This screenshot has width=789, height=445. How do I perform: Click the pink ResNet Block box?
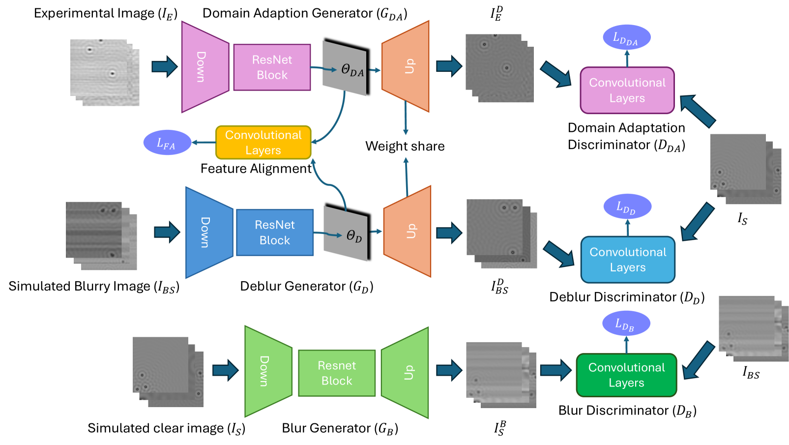click(272, 67)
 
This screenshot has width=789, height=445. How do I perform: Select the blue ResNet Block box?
click(275, 233)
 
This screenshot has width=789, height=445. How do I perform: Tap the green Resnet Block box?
click(337, 373)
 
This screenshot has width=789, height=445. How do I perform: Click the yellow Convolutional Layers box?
click(263, 143)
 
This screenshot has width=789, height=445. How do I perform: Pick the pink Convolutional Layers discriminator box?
click(627, 90)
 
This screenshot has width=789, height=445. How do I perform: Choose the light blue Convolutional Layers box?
click(628, 260)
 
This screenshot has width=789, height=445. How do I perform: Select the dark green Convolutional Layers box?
click(626, 375)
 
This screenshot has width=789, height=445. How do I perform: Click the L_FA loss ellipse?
click(167, 143)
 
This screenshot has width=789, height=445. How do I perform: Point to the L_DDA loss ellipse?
click(626, 37)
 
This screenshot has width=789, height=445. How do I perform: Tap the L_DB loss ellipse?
click(626, 324)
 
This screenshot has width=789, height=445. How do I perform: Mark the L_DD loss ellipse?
click(627, 207)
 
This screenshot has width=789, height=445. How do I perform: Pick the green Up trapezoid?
click(406, 373)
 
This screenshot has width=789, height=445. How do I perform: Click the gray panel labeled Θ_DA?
click(345, 67)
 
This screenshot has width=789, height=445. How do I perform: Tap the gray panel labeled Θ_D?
click(347, 232)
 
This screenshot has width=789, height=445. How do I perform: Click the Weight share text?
click(405, 147)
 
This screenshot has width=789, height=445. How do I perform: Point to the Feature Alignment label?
click(256, 169)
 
